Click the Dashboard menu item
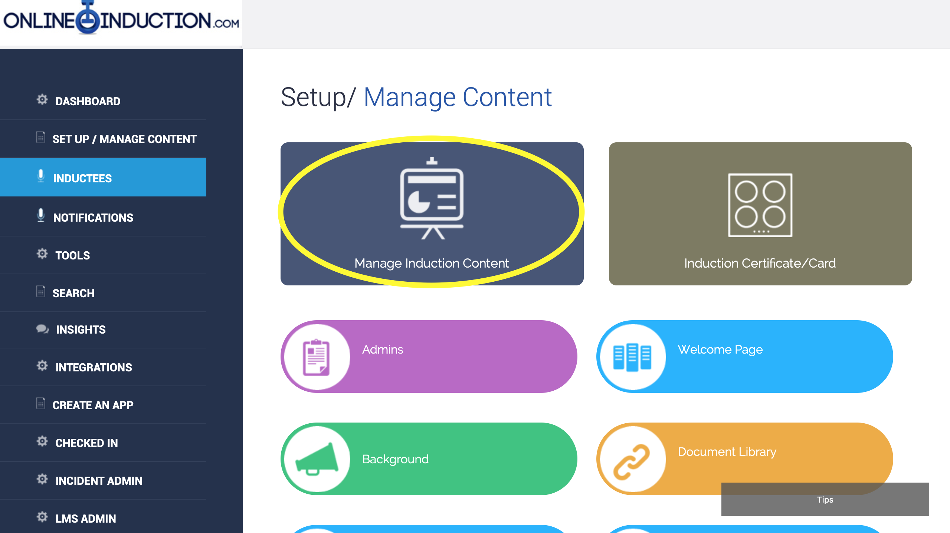tap(88, 101)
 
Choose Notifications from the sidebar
tap(93, 218)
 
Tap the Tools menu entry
tap(72, 255)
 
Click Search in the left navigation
tap(73, 293)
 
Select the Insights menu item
tap(81, 330)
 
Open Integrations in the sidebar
tap(94, 367)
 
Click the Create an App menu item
tap(93, 405)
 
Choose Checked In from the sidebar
tap(86, 443)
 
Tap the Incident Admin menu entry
tap(99, 481)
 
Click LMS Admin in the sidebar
tap(85, 519)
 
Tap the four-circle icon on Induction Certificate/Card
tap(760, 205)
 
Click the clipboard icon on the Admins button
tap(316, 357)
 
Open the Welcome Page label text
tap(720, 350)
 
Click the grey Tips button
tap(825, 499)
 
